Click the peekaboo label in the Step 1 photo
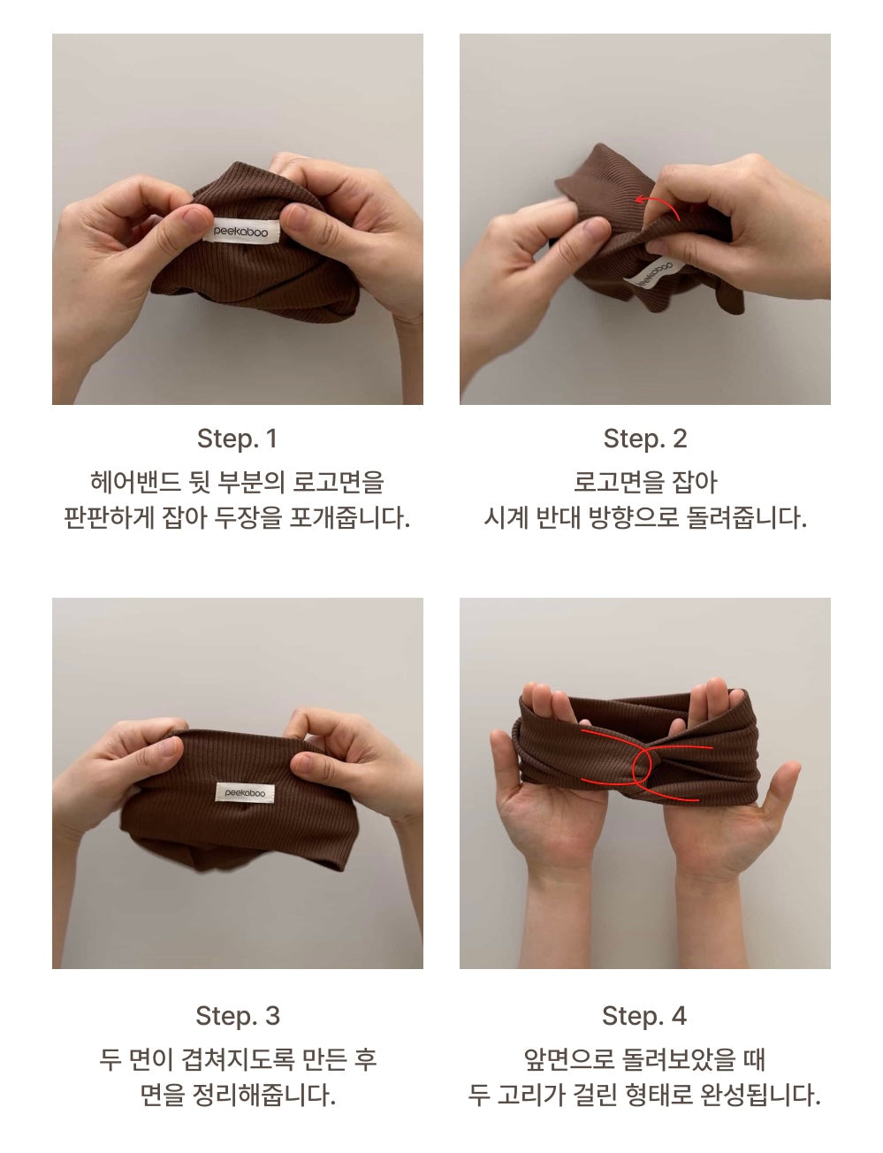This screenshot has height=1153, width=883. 241,231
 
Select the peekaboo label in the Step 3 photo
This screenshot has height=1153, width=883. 245,792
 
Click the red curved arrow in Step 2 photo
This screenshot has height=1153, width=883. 657,204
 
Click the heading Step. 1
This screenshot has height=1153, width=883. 237,439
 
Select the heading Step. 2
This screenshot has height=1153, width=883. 645,439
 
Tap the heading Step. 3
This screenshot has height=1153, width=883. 238,1016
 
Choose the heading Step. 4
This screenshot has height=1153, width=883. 644,1016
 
